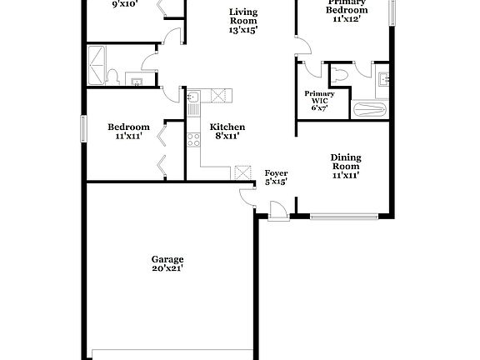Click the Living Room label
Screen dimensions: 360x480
[243, 17]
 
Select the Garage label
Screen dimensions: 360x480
[167, 258]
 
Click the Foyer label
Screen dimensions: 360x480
[276, 172]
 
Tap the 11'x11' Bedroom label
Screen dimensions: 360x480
[128, 127]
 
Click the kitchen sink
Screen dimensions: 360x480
[192, 101]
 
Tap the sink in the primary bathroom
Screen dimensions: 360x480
[383, 80]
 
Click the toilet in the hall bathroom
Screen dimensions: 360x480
[114, 77]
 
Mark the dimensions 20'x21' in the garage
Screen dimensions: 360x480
[167, 268]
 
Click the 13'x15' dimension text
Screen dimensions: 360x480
[243, 29]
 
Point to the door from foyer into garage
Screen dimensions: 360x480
[248, 196]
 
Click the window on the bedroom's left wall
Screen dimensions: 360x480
[82, 129]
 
